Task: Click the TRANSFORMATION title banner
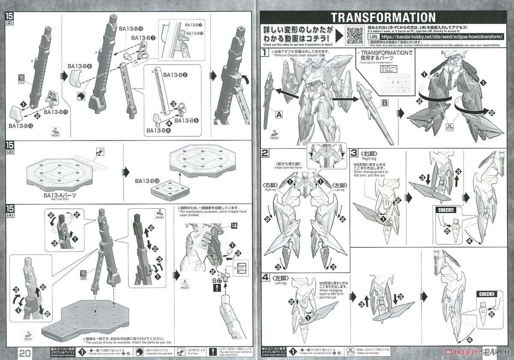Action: click(x=383, y=17)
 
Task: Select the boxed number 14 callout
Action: click(x=234, y=225)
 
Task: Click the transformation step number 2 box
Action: click(x=266, y=153)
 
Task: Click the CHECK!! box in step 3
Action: click(x=445, y=210)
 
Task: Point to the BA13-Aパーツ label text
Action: click(x=59, y=195)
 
